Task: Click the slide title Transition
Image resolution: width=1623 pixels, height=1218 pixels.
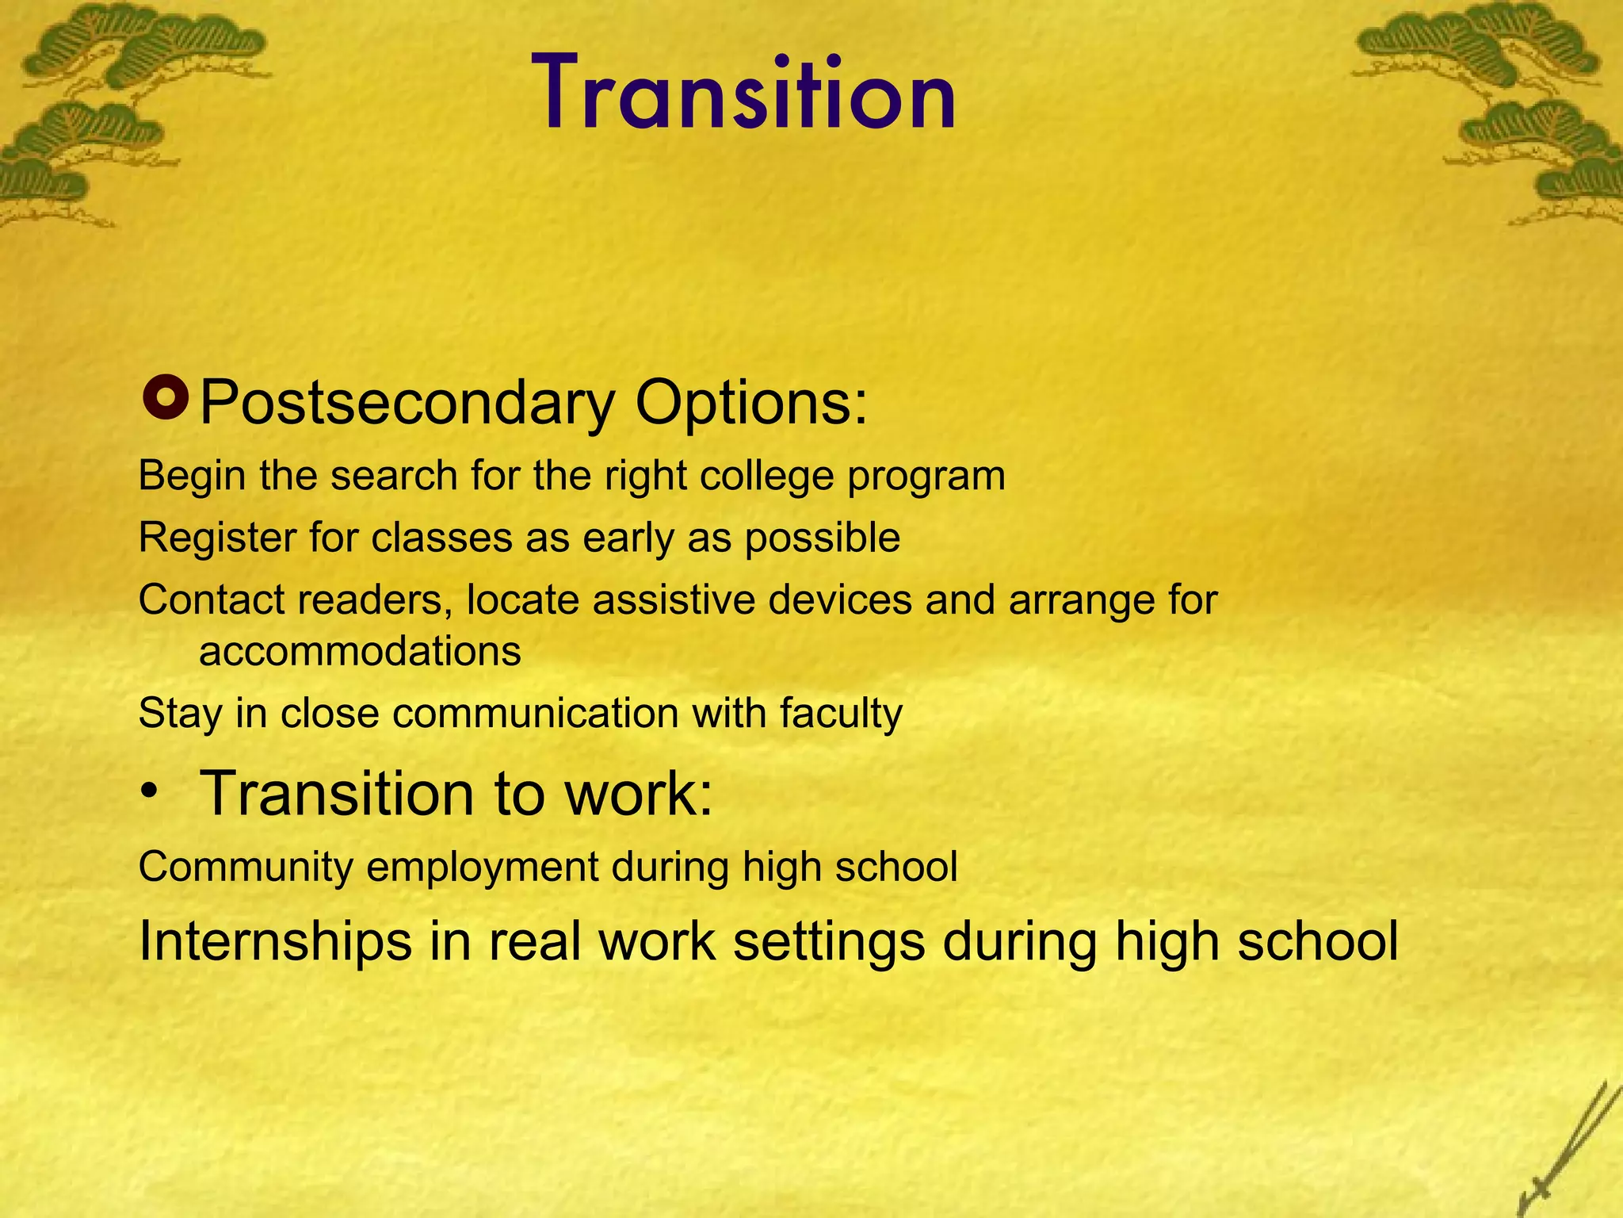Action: click(x=749, y=94)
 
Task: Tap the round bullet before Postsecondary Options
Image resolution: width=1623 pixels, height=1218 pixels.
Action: click(x=165, y=400)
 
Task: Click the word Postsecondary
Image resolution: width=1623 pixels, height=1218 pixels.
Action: click(x=407, y=403)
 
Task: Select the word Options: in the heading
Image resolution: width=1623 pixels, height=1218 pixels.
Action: click(x=751, y=403)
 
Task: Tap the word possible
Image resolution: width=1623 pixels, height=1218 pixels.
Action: click(x=822, y=538)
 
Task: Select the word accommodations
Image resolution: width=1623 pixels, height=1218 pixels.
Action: click(x=360, y=652)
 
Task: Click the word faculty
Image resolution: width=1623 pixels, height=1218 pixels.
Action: click(x=841, y=714)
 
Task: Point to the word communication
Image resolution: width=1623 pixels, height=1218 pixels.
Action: click(x=536, y=714)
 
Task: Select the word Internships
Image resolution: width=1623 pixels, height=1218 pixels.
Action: click(x=275, y=943)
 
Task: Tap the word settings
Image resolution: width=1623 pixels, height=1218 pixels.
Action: click(x=829, y=943)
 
